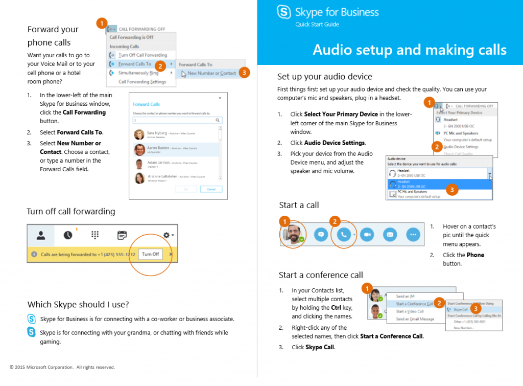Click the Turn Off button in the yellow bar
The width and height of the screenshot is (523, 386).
tap(150, 254)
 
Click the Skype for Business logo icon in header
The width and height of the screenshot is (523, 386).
tap(284, 12)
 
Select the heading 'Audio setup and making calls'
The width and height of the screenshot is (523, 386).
tap(409, 50)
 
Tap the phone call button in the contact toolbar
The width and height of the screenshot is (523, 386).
tap(343, 234)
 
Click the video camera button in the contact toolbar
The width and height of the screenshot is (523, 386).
tap(367, 234)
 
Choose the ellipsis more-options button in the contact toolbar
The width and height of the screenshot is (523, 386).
tap(413, 234)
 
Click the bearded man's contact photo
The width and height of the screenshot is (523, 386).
tap(293, 233)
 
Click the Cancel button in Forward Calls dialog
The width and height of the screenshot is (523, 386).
tap(211, 189)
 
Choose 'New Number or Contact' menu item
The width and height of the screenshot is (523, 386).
tap(211, 73)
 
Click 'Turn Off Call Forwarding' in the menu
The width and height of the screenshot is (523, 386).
tap(142, 55)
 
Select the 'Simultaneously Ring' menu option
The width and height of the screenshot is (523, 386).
tap(138, 73)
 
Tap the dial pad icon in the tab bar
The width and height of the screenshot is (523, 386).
tap(94, 235)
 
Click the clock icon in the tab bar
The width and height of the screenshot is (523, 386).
tap(68, 235)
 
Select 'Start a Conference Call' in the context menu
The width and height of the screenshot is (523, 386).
tap(414, 304)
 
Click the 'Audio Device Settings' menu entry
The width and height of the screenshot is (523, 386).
tap(461, 147)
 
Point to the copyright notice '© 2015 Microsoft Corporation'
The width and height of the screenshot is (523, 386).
tap(62, 367)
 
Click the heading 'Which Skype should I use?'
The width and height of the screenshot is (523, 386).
tap(78, 305)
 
